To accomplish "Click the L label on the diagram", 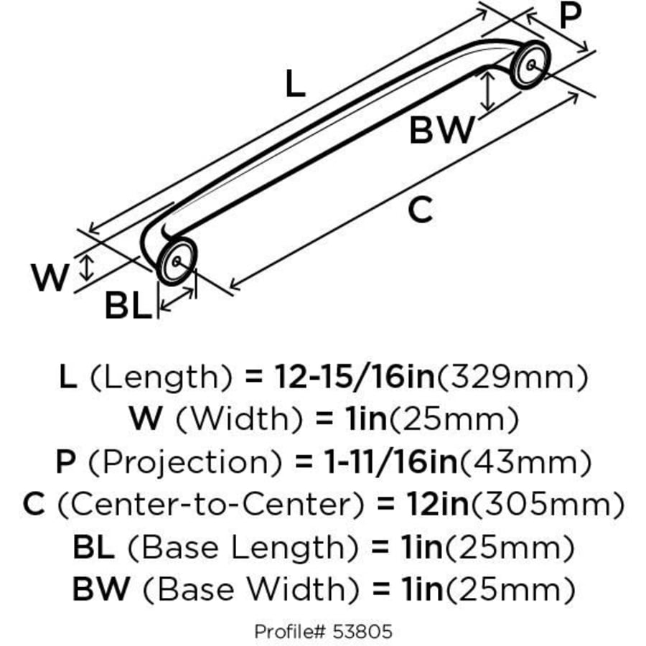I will point(296,84).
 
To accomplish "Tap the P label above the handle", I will point(570,16).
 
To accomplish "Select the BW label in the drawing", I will point(442,131).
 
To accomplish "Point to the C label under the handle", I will point(421,210).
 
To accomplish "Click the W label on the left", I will point(50,278).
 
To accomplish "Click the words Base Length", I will point(243,548).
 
